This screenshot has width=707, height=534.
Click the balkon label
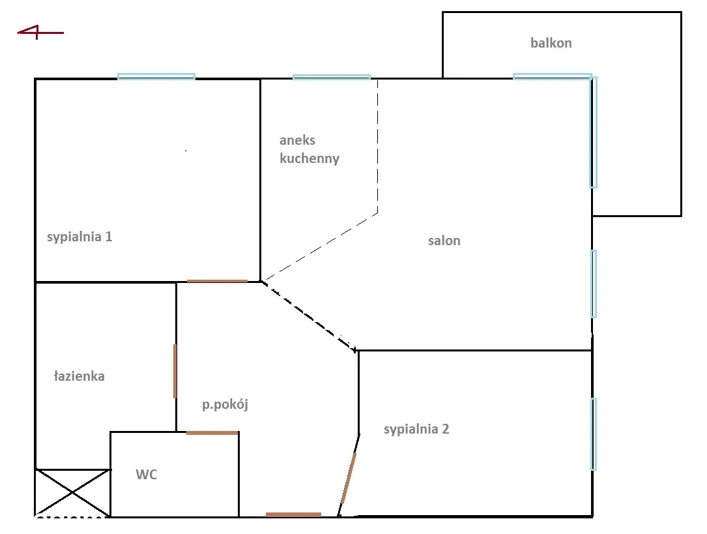(x=551, y=43)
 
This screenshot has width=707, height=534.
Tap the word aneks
(x=297, y=140)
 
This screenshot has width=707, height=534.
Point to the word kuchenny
(x=310, y=158)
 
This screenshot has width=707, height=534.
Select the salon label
(x=444, y=241)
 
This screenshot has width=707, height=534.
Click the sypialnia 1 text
(x=79, y=237)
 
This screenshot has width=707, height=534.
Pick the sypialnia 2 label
(x=416, y=429)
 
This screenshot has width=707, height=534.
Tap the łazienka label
(x=79, y=376)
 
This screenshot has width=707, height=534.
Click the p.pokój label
(x=225, y=404)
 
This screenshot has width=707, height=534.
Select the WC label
(x=147, y=475)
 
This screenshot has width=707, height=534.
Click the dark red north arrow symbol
(x=40, y=33)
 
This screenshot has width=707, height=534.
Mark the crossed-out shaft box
(x=72, y=492)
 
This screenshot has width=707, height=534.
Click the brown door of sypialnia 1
(x=217, y=282)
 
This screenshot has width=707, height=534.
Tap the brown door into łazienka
(x=175, y=371)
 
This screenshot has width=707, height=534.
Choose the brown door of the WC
(x=212, y=433)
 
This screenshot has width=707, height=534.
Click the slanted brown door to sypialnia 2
(x=349, y=478)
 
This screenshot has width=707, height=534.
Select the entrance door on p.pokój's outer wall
(x=293, y=514)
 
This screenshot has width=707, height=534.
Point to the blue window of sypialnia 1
(x=156, y=77)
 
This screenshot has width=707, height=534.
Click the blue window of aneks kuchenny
(x=332, y=77)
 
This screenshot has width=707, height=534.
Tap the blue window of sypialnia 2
(x=594, y=434)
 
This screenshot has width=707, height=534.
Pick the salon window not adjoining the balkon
(x=594, y=284)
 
